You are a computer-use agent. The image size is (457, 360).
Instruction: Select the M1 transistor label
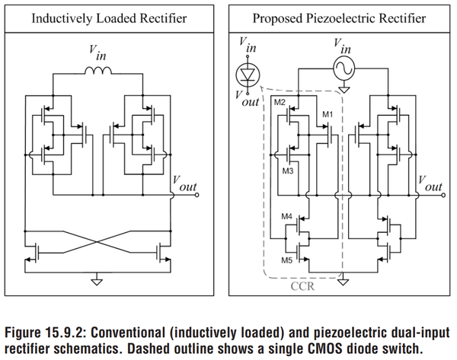pos(328,114)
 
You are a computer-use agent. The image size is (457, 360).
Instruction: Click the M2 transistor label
pos(280,103)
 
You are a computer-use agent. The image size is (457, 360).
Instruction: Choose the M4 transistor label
pos(287,218)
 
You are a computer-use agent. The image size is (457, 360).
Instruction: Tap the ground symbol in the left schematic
pos(95,279)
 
